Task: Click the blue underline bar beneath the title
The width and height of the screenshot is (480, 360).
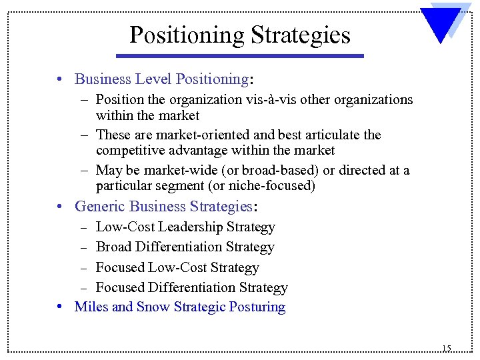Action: click(247, 56)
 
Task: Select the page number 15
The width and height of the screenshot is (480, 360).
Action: click(446, 348)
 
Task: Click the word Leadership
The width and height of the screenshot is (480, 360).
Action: click(191, 227)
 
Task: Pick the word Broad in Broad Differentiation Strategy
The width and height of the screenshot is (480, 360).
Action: click(114, 247)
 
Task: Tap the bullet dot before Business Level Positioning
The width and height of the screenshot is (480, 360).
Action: click(60, 79)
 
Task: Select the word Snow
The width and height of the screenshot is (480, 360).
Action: click(153, 307)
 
